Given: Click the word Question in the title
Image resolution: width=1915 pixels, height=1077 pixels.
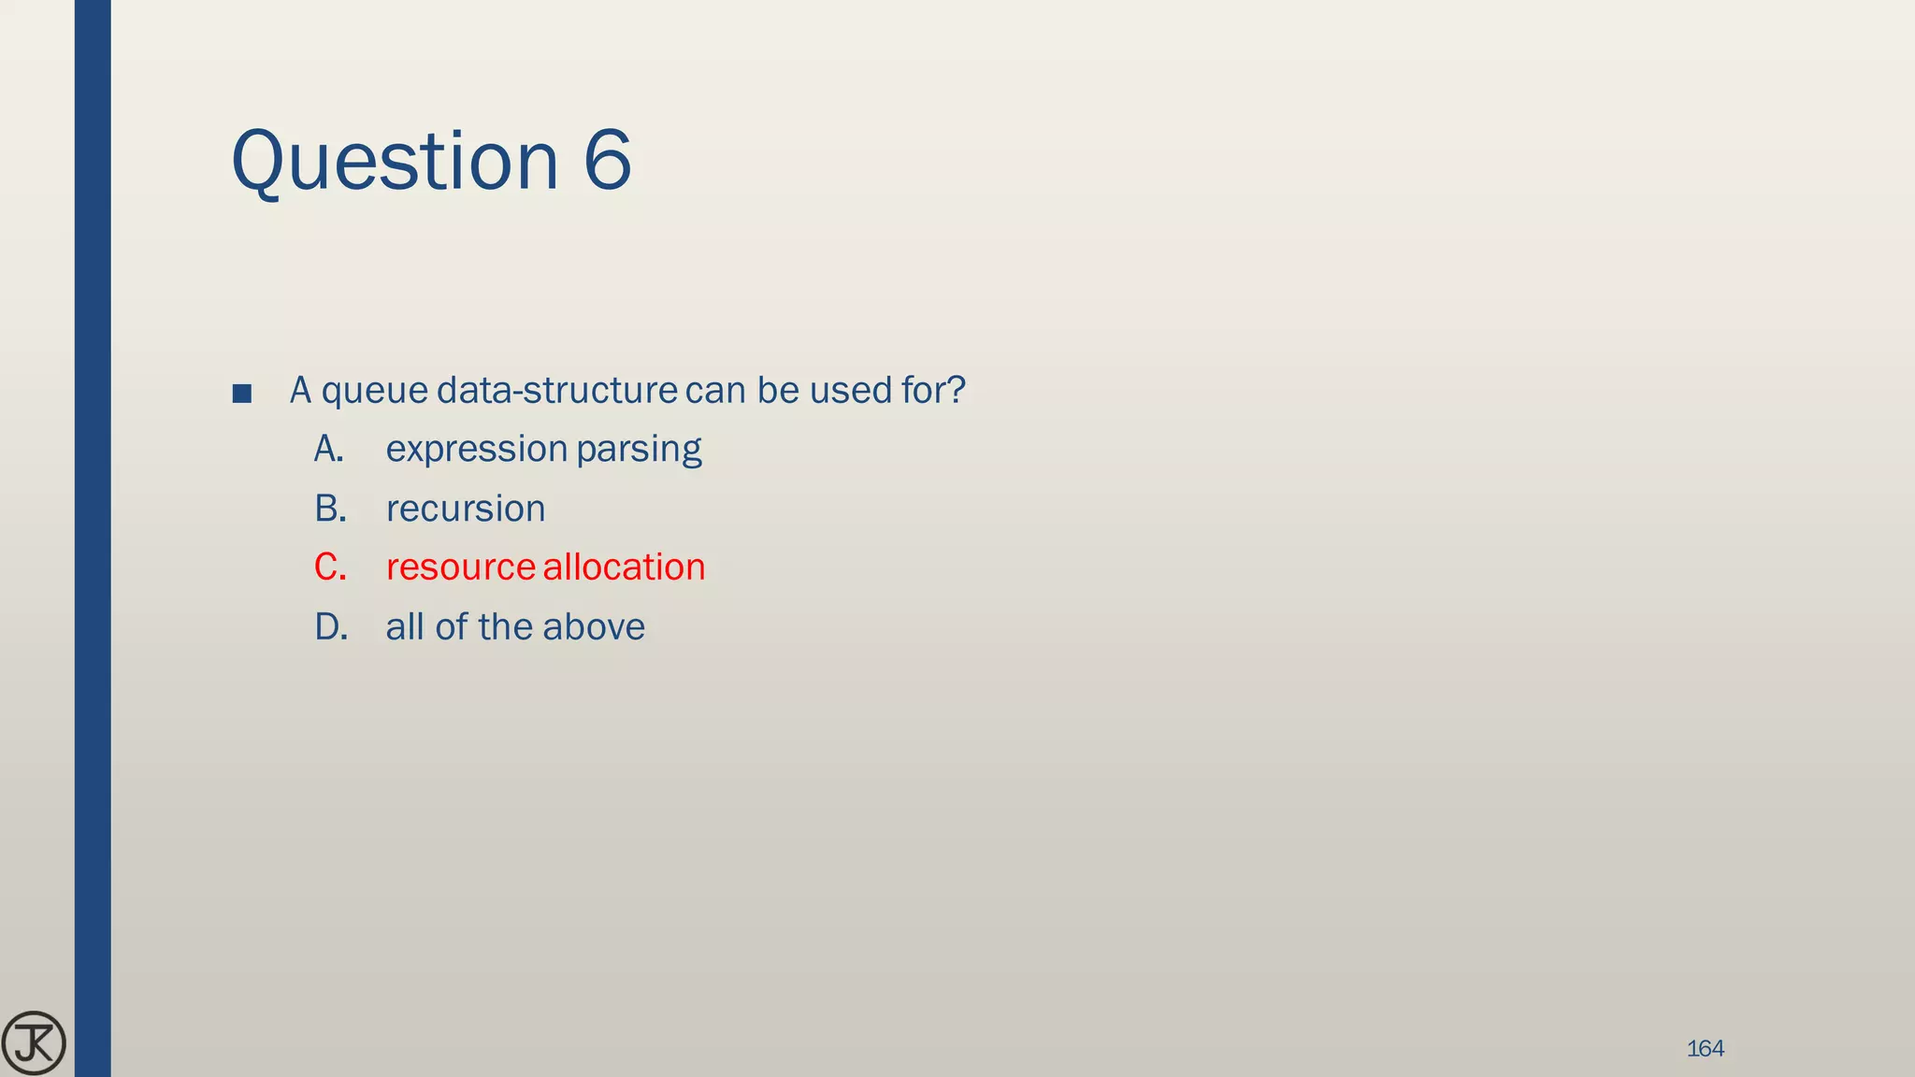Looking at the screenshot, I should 394,161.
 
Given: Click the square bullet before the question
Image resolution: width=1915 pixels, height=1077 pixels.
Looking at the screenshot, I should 242,394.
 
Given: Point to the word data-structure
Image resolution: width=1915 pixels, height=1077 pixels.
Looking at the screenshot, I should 556,390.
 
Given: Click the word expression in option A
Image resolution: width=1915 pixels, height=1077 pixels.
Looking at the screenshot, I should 476,451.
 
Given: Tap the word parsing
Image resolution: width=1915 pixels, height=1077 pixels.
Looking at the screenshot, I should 639,451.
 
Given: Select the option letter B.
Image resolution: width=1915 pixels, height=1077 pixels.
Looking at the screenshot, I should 330,509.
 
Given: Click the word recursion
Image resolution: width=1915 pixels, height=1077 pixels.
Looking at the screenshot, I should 466,510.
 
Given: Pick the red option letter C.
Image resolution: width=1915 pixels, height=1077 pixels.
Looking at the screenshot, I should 330,567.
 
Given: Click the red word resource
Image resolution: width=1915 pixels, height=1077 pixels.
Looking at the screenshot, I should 460,568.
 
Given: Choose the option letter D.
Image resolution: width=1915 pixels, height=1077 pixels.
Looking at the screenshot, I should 331,627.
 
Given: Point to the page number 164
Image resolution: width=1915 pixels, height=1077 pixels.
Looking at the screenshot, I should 1705,1049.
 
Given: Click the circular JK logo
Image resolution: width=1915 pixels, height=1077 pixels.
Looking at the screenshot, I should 34,1043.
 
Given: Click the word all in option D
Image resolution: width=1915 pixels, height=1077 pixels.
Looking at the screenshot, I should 405,627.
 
